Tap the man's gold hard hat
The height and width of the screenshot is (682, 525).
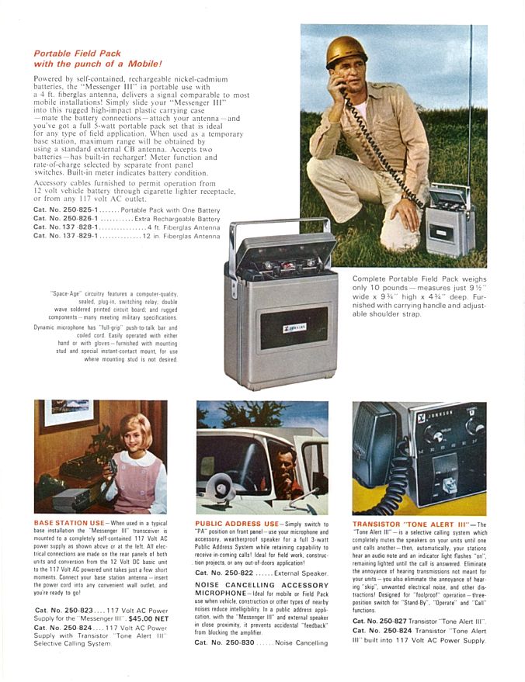point(346,50)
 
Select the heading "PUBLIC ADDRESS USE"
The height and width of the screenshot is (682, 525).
point(238,524)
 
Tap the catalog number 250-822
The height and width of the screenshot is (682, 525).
point(231,573)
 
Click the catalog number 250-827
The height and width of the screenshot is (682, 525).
point(388,621)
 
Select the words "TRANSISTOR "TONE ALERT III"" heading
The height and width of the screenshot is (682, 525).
point(411,524)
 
